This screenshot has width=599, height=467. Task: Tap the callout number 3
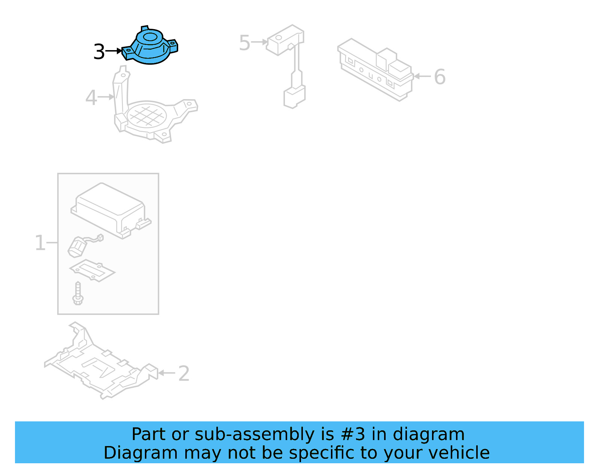pyautogui.click(x=99, y=52)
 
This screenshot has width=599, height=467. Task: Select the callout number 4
pyautogui.click(x=91, y=98)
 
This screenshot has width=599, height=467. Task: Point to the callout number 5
pyautogui.click(x=244, y=43)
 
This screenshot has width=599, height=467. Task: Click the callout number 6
pyautogui.click(x=440, y=77)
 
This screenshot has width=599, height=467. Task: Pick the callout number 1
pyautogui.click(x=40, y=243)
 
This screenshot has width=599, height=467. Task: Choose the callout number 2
pyautogui.click(x=183, y=374)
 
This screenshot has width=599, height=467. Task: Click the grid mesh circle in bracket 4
pyautogui.click(x=146, y=116)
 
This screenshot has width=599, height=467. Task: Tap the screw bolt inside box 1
pyautogui.click(x=78, y=294)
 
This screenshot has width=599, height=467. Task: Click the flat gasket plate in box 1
pyautogui.click(x=92, y=270)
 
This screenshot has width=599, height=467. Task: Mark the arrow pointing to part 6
pyautogui.click(x=422, y=76)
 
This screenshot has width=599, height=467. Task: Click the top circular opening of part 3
pyautogui.click(x=150, y=37)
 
